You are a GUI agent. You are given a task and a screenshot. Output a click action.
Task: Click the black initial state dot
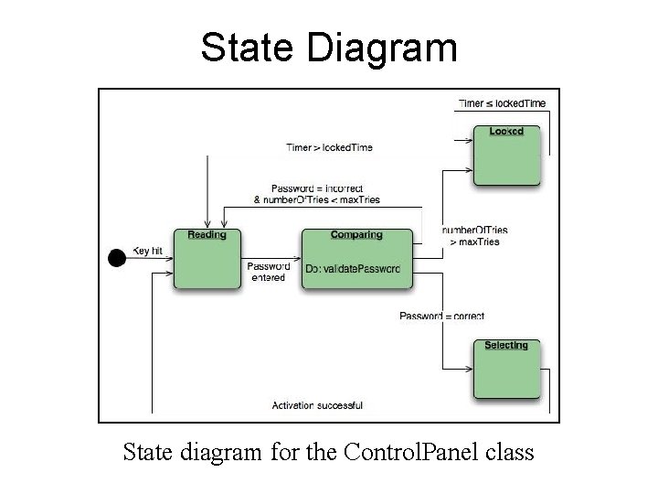click(x=116, y=258)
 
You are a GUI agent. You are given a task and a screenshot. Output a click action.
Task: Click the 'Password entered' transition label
click(x=269, y=272)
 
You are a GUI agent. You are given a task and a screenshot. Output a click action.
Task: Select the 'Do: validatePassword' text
click(x=354, y=269)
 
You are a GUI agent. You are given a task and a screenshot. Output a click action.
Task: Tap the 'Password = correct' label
click(x=442, y=317)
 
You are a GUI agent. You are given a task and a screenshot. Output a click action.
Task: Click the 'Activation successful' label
click(x=317, y=405)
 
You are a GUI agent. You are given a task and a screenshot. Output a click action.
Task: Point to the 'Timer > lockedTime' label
click(x=329, y=147)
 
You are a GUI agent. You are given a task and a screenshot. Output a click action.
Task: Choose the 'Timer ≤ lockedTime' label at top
click(x=502, y=103)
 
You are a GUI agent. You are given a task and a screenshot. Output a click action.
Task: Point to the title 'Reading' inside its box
click(x=207, y=235)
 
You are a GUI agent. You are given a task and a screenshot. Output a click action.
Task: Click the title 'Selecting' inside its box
click(x=506, y=346)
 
